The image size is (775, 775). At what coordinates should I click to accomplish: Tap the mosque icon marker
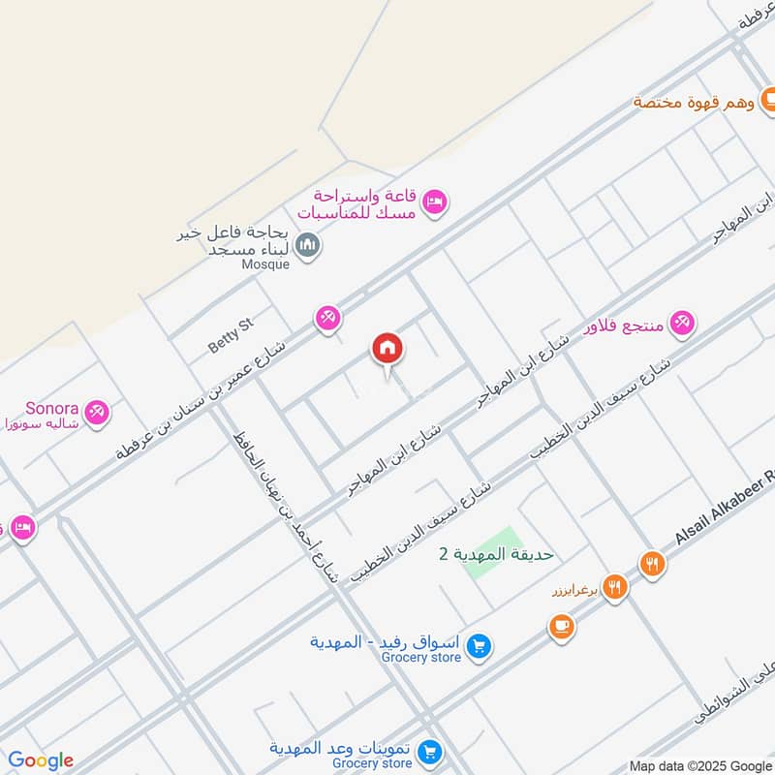309,246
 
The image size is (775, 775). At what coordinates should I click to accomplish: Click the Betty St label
231,333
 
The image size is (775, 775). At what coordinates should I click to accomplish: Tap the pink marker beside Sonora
96,413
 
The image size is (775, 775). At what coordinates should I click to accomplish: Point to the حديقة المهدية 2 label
496,554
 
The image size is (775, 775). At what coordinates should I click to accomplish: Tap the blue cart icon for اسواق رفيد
478,645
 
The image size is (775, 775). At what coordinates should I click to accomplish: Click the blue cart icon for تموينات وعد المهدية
432,751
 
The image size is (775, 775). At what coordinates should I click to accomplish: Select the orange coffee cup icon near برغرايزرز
560,628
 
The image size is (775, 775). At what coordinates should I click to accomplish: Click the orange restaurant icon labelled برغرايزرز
613,586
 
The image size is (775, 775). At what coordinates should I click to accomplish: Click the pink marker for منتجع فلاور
683,325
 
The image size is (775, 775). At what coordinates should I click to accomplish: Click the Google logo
41,760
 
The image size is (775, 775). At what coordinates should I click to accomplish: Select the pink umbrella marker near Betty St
328,318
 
